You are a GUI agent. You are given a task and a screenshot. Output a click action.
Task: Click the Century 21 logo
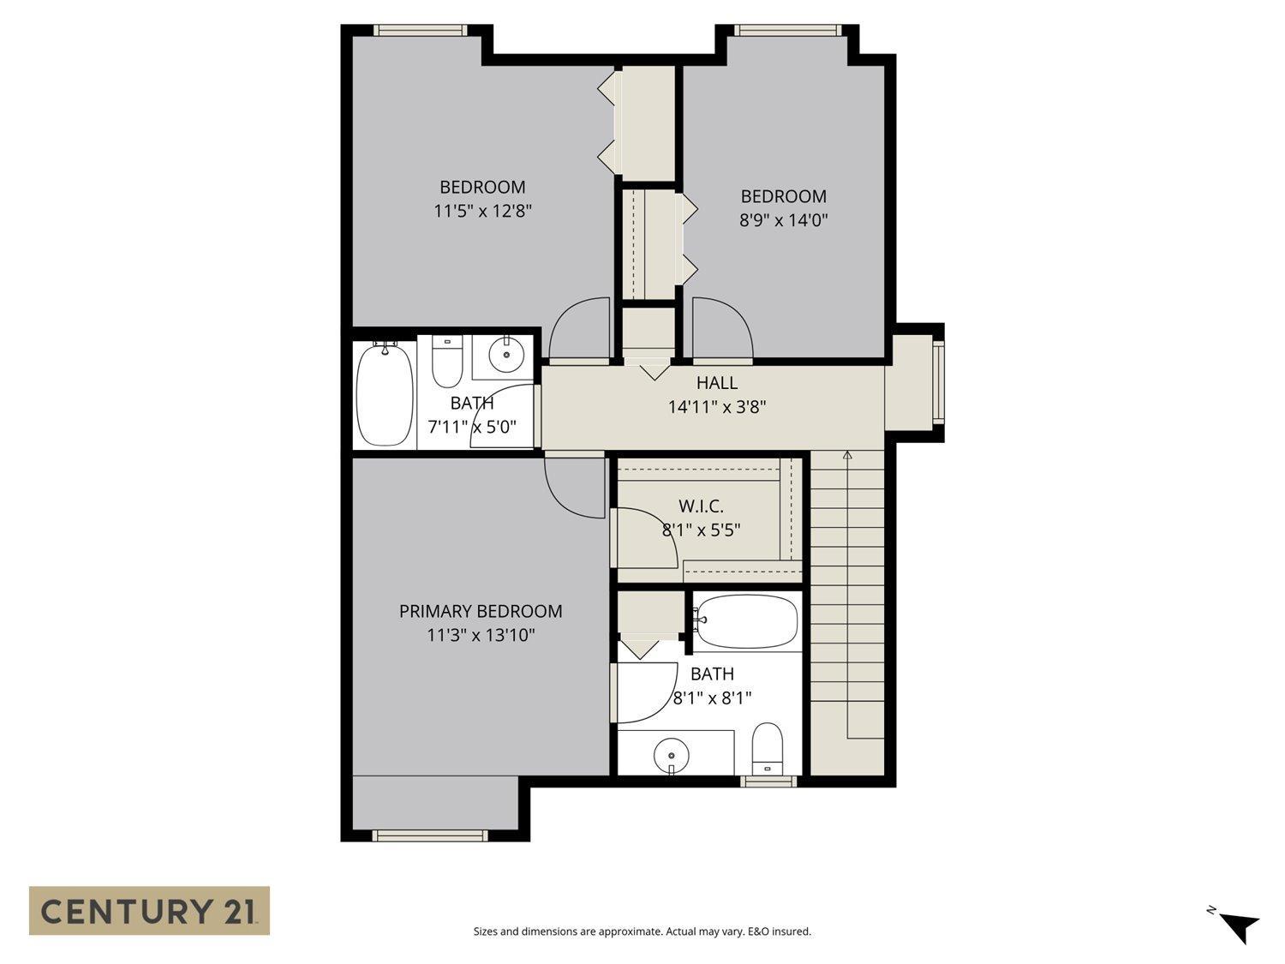pyautogui.click(x=149, y=910)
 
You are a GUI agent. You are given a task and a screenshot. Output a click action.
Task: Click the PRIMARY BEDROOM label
pyautogui.click(x=481, y=611)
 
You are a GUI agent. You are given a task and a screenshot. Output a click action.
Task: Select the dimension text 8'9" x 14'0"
pyautogui.click(x=783, y=220)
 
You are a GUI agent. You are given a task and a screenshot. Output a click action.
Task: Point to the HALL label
pyautogui.click(x=716, y=383)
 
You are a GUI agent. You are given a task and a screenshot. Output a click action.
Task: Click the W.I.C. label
pyautogui.click(x=701, y=506)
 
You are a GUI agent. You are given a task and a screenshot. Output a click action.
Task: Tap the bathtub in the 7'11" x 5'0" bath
pyautogui.click(x=385, y=393)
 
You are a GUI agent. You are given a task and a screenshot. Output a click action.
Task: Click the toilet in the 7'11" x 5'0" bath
pyautogui.click(x=446, y=362)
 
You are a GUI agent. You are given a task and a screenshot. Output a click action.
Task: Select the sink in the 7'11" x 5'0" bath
pyautogui.click(x=506, y=355)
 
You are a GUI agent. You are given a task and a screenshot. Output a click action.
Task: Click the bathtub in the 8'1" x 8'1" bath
pyautogui.click(x=746, y=621)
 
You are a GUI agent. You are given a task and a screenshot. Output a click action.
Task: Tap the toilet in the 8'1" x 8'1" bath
pyautogui.click(x=767, y=748)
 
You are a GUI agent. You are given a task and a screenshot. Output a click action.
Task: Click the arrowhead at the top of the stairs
pyautogui.click(x=847, y=455)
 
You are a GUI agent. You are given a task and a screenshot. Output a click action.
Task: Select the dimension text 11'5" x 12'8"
pyautogui.click(x=483, y=211)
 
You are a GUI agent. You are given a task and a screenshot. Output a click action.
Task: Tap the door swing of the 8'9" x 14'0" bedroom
pyautogui.click(x=722, y=327)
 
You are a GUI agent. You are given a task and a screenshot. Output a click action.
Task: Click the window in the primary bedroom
pyautogui.click(x=430, y=835)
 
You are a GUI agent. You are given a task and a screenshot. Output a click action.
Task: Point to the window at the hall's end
pyautogui.click(x=937, y=381)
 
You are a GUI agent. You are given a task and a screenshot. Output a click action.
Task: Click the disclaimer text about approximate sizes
pyautogui.click(x=642, y=931)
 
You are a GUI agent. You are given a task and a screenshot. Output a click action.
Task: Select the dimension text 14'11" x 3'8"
pyautogui.click(x=716, y=407)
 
